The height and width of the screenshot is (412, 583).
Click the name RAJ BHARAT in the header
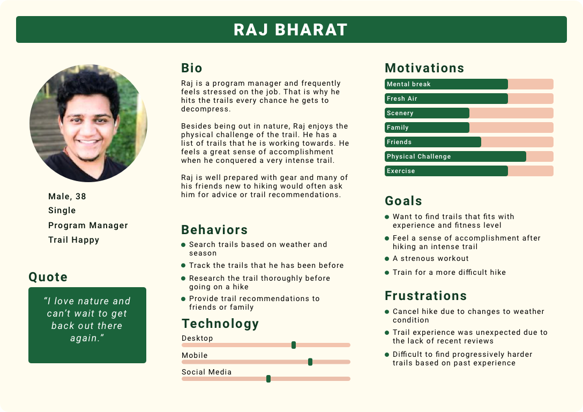point(291,29)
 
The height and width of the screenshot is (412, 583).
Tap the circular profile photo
point(88,123)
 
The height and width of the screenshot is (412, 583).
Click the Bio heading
point(192,68)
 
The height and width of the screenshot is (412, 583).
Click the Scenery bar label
point(400,113)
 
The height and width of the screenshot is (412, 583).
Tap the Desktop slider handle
point(294,345)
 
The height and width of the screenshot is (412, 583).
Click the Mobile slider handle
point(310,362)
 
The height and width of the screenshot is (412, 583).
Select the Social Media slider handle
point(268,379)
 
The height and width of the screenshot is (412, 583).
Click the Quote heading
point(48,277)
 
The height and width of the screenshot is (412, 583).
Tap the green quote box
point(87,325)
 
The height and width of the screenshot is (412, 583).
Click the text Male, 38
point(67,196)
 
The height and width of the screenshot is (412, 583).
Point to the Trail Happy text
point(73,239)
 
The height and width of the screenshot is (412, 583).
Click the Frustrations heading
point(425,296)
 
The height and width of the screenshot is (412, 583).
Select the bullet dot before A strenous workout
point(387,259)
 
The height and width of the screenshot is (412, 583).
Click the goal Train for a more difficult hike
point(449,272)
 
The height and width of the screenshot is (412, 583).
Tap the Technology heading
point(220,324)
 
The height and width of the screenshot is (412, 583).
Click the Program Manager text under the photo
point(88,225)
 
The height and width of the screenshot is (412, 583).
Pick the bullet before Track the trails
point(184,266)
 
